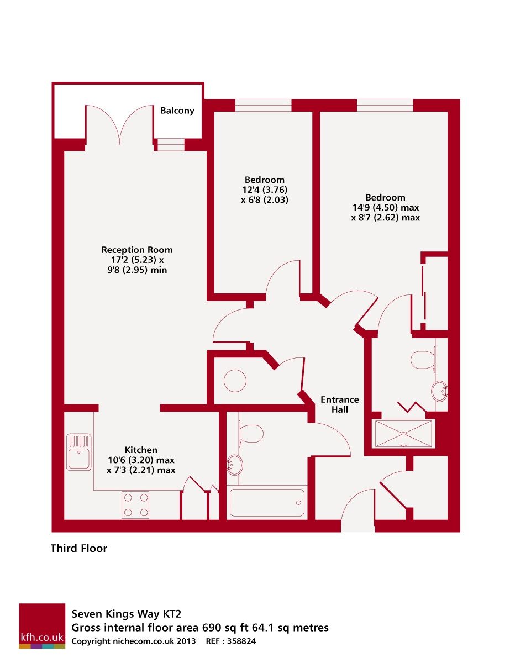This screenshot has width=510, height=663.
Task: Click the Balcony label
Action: click(x=177, y=110)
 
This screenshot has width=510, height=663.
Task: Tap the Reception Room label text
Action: click(x=137, y=250)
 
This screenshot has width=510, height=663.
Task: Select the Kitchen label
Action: click(x=141, y=450)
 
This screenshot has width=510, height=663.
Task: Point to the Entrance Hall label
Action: click(x=340, y=404)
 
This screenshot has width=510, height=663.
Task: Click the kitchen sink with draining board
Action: click(x=78, y=451)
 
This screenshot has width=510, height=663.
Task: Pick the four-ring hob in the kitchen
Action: click(x=135, y=504)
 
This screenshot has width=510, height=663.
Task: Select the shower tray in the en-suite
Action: click(x=404, y=433)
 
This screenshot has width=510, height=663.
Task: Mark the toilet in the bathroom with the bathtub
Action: click(x=251, y=433)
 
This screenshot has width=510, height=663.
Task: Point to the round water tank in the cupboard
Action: click(x=235, y=381)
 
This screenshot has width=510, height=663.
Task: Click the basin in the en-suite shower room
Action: click(x=440, y=391)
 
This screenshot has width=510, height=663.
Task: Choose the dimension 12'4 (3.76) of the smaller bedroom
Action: click(x=265, y=190)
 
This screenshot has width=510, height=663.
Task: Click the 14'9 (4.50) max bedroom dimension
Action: click(x=385, y=208)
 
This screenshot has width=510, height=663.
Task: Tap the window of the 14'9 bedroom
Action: click(x=385, y=105)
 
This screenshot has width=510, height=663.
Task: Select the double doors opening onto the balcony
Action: click(x=119, y=125)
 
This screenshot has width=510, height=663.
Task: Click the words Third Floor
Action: click(x=79, y=549)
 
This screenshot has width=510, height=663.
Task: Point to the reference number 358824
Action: click(x=239, y=641)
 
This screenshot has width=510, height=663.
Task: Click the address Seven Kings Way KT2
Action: click(x=127, y=614)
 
